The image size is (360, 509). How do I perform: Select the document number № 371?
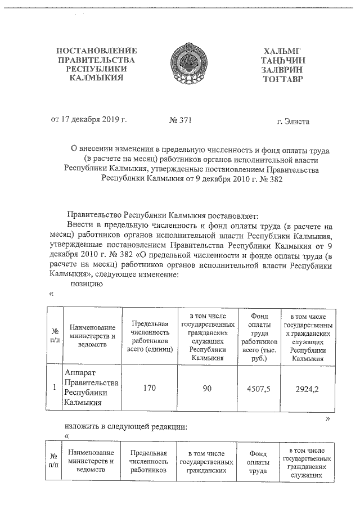[x=180, y=121]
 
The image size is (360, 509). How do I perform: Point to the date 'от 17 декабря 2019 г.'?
[x=89, y=120]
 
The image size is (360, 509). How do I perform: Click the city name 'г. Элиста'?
[x=293, y=121]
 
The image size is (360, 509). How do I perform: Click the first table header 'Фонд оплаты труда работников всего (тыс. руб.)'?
[x=258, y=336]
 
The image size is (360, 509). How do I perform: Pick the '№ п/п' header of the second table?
[x=54, y=461]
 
